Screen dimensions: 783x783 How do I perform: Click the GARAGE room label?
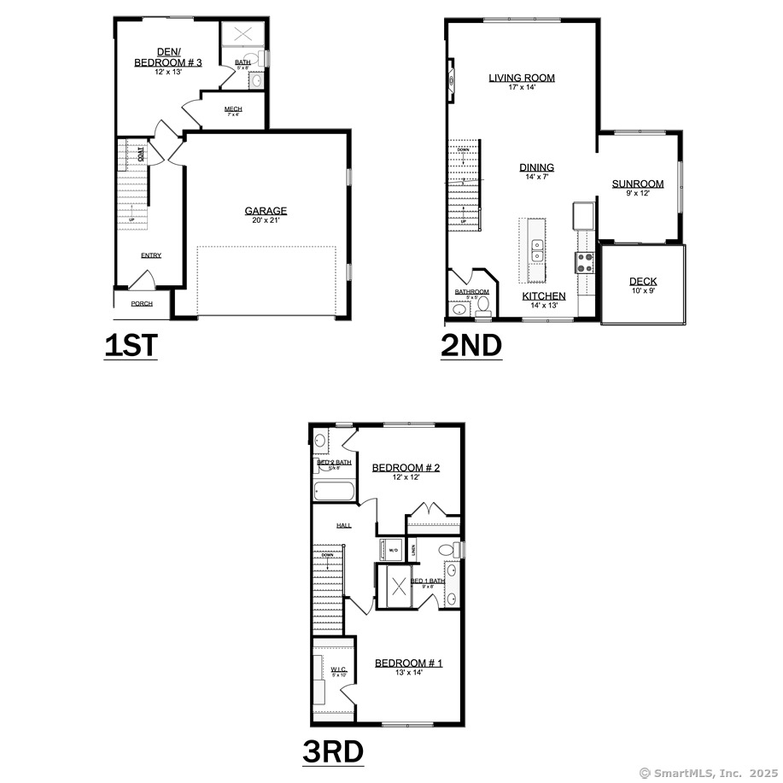[266, 211]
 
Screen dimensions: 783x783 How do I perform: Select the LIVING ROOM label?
[522, 78]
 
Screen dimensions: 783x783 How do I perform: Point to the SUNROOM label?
[638, 184]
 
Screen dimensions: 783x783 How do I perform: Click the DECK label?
[643, 282]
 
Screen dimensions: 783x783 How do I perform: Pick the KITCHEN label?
[544, 296]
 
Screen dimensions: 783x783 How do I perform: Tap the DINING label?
[537, 167]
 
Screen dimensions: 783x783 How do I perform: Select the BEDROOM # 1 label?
[408, 663]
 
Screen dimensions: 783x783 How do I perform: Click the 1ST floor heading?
[131, 345]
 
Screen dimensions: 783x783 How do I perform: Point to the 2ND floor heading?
[471, 345]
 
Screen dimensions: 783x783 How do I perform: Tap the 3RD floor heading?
[333, 751]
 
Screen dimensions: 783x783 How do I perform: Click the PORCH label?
[142, 304]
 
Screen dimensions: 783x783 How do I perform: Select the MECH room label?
[233, 109]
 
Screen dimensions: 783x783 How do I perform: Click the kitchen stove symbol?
[586, 262]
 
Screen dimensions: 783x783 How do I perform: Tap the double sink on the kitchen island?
[538, 250]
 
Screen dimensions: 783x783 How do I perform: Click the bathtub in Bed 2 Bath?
[334, 492]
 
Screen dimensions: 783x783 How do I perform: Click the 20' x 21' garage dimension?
[266, 221]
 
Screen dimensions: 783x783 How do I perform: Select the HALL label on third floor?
[344, 525]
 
